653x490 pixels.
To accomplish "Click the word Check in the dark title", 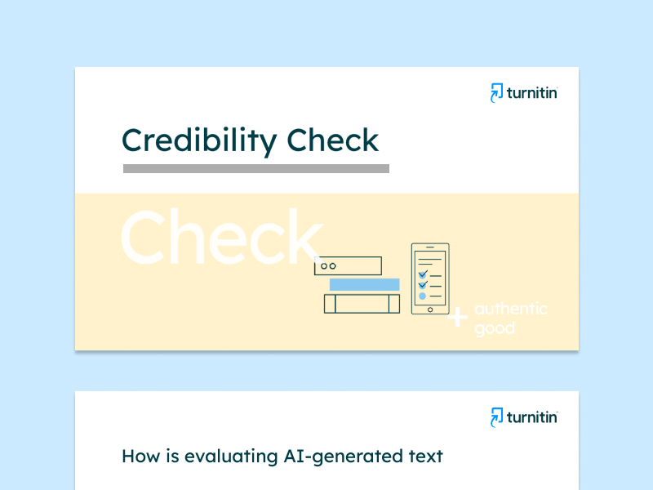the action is click(333, 140).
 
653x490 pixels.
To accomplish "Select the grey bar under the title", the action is click(256, 168).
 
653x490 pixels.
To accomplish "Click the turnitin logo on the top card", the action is click(524, 92).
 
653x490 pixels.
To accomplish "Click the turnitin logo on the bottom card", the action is click(524, 417).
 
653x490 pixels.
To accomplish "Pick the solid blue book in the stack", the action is click(364, 284).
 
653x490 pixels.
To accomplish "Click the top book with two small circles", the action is click(348, 266).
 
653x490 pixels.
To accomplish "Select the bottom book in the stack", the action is click(362, 304).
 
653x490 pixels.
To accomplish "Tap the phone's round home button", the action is click(430, 310).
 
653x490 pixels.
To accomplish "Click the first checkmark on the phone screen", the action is click(423, 274).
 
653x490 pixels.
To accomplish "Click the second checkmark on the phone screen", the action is click(423, 285).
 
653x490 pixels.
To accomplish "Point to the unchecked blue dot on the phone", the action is click(422, 296).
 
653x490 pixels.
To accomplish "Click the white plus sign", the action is click(458, 317).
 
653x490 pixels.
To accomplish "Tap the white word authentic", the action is click(511, 309).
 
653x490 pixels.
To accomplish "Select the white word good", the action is click(495, 329).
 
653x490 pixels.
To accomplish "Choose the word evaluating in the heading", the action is click(231, 457).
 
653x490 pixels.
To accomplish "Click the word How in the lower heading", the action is click(140, 457).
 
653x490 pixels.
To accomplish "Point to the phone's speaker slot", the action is click(430, 247).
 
